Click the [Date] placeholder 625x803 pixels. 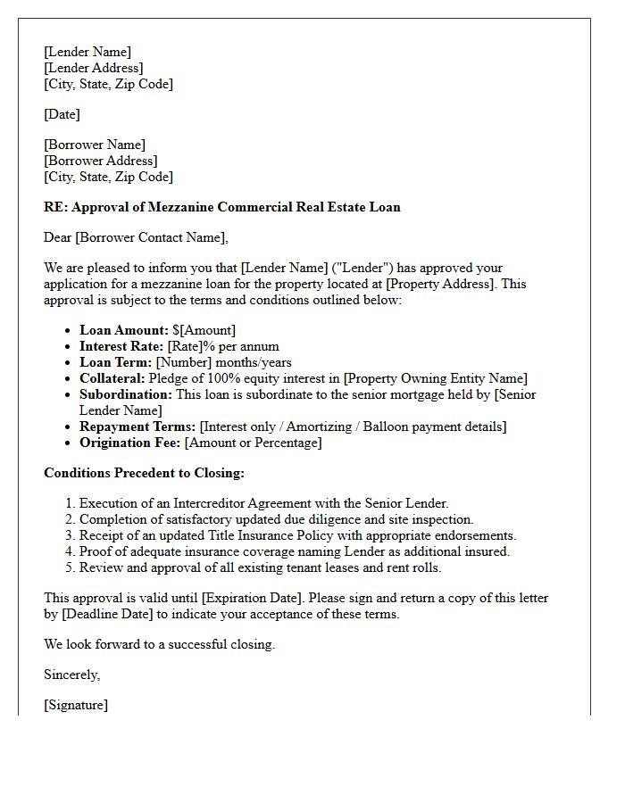click(x=62, y=114)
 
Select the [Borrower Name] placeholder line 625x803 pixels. click(x=95, y=145)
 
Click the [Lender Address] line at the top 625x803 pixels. click(x=94, y=68)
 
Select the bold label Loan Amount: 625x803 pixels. click(x=124, y=330)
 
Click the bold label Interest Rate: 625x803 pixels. click(x=121, y=346)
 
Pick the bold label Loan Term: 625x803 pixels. click(x=116, y=362)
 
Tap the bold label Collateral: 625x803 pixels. click(x=112, y=378)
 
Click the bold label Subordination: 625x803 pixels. click(x=126, y=394)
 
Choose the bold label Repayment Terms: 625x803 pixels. click(x=137, y=426)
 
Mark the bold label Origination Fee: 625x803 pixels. click(x=130, y=443)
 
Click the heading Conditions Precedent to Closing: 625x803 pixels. click(x=144, y=473)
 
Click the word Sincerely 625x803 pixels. click(x=71, y=675)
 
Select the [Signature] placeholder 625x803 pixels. click(x=76, y=705)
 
